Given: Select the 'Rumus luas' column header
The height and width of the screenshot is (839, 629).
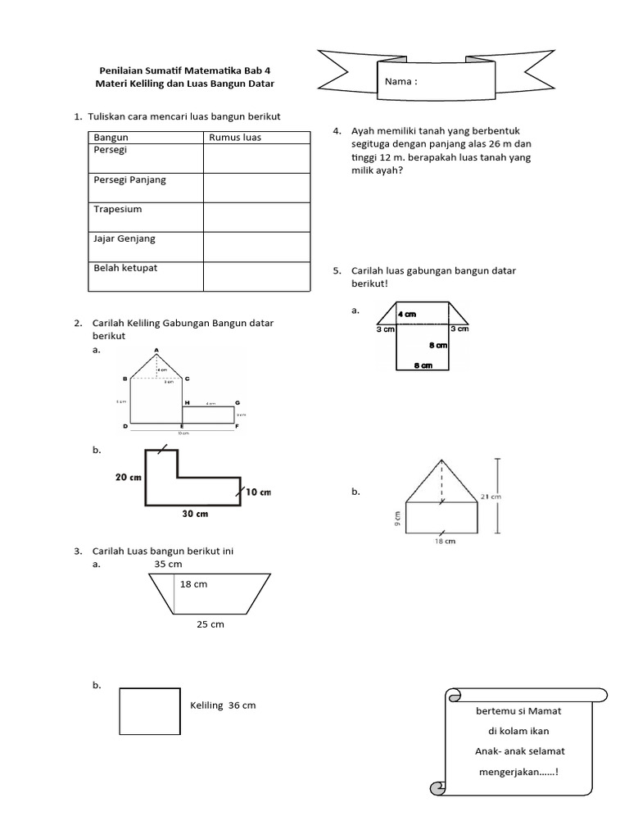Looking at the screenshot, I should (x=235, y=138).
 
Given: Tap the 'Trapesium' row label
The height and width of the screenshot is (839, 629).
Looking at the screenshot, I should (x=118, y=210).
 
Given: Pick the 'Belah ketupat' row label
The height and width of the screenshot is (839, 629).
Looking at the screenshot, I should (x=124, y=268).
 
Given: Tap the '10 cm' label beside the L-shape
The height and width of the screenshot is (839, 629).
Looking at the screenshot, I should (x=258, y=492).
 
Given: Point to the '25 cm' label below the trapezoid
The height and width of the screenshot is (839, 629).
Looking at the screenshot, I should (x=210, y=625).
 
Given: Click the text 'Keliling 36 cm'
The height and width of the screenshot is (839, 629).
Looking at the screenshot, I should (x=223, y=706).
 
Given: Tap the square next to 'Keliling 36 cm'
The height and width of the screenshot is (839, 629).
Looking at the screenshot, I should (x=149, y=711).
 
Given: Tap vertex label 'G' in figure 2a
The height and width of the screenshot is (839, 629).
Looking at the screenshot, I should (x=237, y=403).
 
